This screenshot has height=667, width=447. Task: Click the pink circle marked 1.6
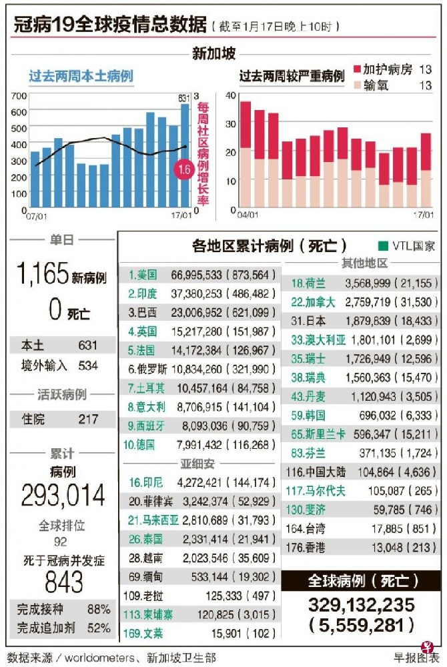tap(184, 170)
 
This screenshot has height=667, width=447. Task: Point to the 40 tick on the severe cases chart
tap(230, 95)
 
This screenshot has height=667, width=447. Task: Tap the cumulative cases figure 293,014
tap(63, 496)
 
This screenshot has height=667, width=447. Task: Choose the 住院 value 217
tap(87, 420)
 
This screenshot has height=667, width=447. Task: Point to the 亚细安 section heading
tap(198, 463)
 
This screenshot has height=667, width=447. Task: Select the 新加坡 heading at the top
tap(213, 53)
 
